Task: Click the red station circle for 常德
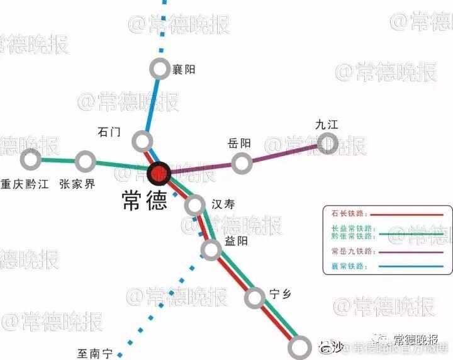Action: click(x=159, y=172)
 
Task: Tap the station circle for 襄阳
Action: click(x=160, y=68)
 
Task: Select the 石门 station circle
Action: click(x=143, y=140)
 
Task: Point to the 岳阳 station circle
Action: click(x=242, y=163)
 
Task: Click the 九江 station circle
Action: click(x=327, y=145)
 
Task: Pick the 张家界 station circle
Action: click(x=84, y=162)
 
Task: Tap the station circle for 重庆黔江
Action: click(x=30, y=159)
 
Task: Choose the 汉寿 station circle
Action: click(x=195, y=205)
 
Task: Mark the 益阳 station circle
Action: click(x=211, y=250)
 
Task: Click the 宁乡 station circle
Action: click(x=255, y=298)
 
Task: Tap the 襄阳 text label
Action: click(x=184, y=69)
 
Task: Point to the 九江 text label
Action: click(x=327, y=125)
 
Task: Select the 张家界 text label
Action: click(x=77, y=184)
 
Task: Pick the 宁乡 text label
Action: click(x=280, y=293)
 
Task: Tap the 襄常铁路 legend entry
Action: click(x=345, y=266)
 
